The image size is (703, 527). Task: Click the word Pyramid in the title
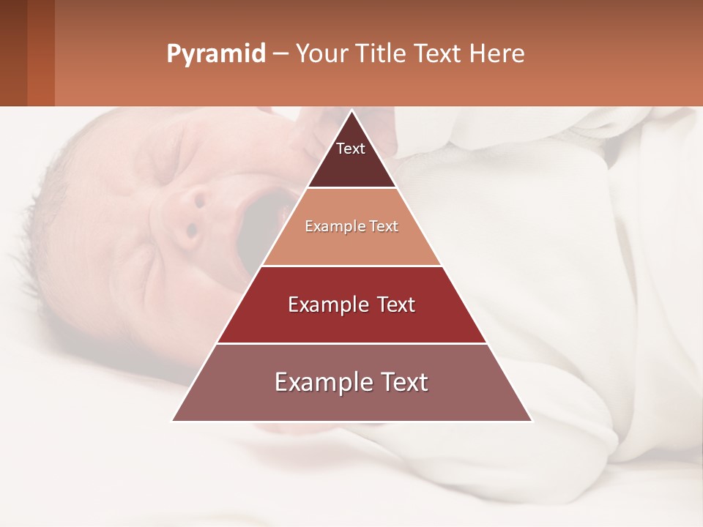point(215,54)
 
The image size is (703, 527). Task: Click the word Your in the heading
point(320,54)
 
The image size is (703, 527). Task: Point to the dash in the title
point(280,54)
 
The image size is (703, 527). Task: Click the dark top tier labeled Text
point(351,158)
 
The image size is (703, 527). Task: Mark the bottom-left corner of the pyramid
point(173,420)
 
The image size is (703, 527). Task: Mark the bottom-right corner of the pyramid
point(531,420)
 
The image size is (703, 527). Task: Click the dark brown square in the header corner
point(13,53)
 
